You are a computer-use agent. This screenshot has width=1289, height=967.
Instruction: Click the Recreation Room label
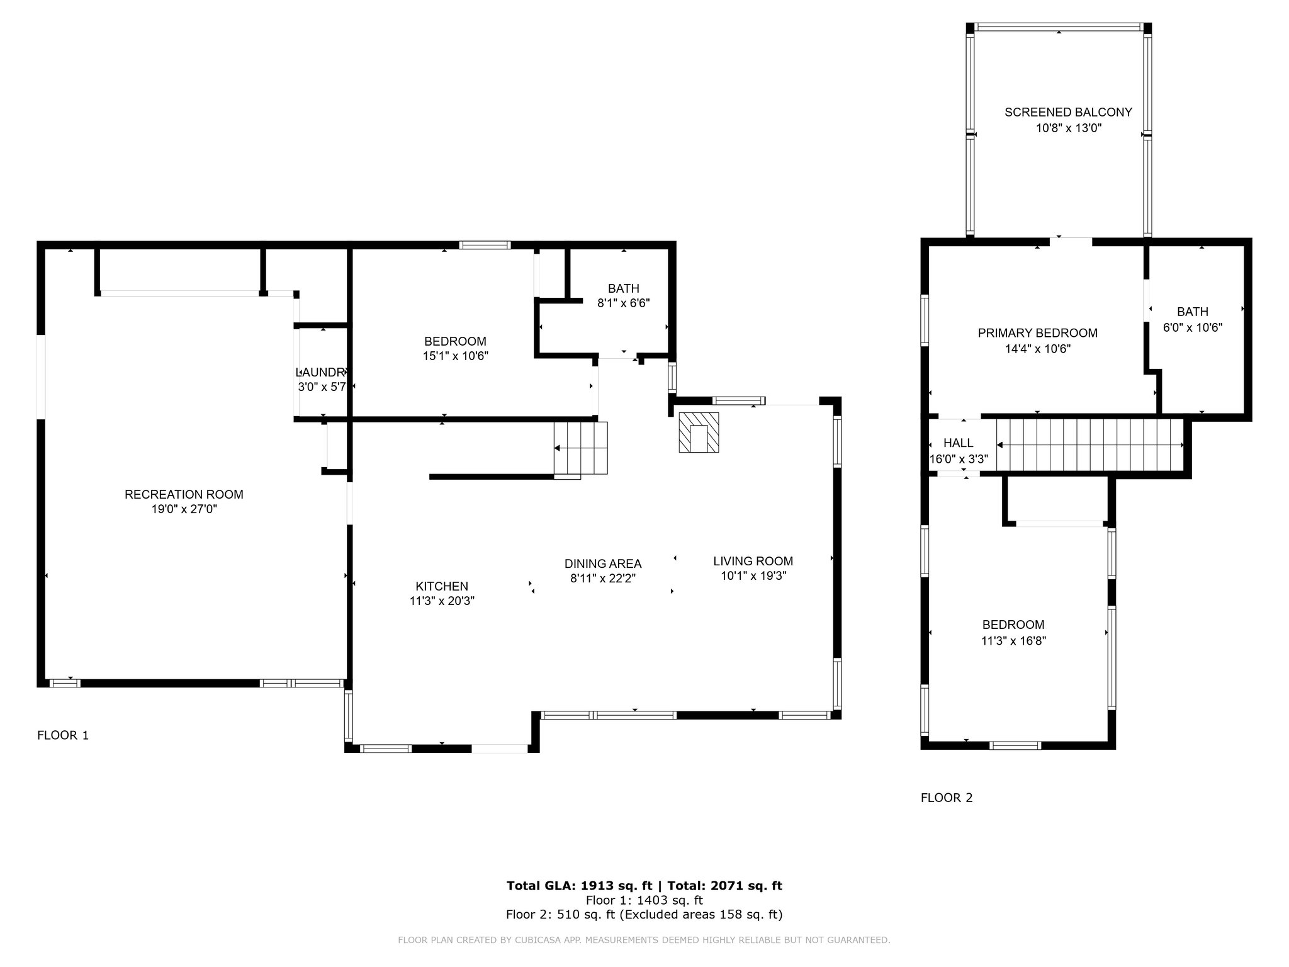coord(184,495)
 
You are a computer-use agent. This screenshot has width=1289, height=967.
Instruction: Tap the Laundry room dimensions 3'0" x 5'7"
coord(322,387)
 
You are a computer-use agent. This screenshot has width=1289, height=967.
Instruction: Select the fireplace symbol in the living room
coord(699,432)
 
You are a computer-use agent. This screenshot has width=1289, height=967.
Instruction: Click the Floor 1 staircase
coord(581,448)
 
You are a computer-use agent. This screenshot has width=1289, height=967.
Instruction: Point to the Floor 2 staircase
coord(1089,445)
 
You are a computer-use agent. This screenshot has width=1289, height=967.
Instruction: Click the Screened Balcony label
coord(1068,112)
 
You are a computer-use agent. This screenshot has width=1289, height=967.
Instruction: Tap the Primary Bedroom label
coord(1037,333)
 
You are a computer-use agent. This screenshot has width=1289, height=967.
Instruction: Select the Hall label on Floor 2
coord(958,443)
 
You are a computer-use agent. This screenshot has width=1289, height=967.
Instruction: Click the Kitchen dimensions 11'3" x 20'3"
coord(442,601)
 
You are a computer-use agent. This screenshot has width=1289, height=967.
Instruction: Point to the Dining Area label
coord(603,564)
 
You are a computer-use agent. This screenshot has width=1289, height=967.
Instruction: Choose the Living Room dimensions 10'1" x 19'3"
coord(753,575)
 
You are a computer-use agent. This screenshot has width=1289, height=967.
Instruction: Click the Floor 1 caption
coord(63,735)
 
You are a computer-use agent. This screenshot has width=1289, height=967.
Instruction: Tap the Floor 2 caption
coord(947,798)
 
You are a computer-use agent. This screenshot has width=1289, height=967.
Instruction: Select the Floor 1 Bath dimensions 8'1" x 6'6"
coord(623,303)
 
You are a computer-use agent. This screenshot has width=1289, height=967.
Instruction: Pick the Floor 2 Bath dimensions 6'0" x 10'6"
coord(1192,327)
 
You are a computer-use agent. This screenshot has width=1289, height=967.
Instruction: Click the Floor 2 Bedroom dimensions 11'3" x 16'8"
coord(1013,641)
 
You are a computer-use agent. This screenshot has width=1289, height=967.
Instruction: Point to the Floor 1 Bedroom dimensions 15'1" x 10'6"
coord(455,356)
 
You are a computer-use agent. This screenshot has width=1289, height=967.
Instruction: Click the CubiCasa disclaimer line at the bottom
coord(644,940)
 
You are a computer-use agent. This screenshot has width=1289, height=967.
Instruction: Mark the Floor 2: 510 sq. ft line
coord(644,915)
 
